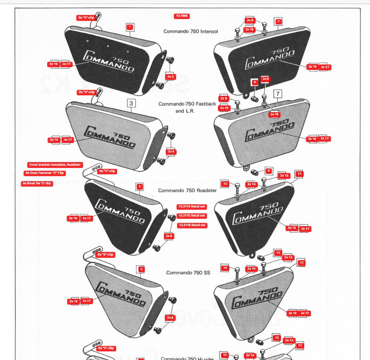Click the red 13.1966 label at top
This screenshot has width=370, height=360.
[x=182, y=16]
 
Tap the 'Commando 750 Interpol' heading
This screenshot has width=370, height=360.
[x=191, y=31]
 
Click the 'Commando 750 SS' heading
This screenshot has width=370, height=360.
[x=188, y=272]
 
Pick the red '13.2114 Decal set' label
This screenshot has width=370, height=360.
[x=192, y=207]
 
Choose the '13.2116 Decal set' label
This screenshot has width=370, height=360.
[x=192, y=225]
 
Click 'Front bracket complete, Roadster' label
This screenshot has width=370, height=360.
[x=55, y=164]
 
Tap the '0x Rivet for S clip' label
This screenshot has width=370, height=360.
[x=37, y=183]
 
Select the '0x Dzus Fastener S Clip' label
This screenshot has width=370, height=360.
[x=45, y=173]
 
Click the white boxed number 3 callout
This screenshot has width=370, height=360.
[x=131, y=104]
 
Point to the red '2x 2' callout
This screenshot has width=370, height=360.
[x=170, y=77]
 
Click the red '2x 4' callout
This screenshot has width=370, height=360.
[x=171, y=151]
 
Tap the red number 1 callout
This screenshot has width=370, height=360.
[x=129, y=27]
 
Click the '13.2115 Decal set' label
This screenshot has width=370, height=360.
[x=192, y=216]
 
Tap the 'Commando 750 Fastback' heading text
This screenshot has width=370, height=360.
[x=187, y=104]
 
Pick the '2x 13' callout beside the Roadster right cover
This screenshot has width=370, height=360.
[x=284, y=175]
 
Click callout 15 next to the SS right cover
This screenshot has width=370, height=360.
[x=225, y=268]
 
